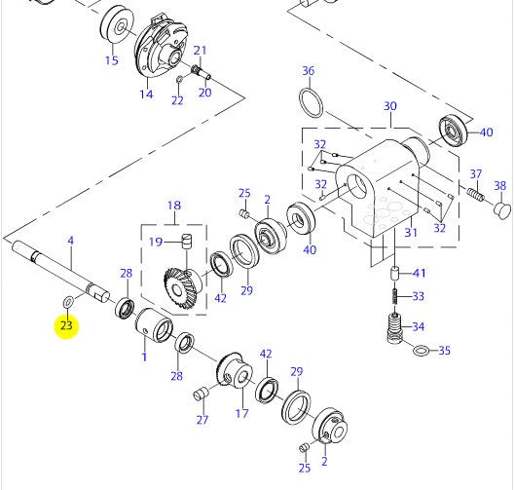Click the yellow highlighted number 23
pos(66,325)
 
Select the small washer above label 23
pos(68,302)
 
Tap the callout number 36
pos(309,70)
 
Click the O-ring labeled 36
pos(312,102)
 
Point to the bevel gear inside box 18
pos(183,288)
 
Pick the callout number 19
pos(156,242)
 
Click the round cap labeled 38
pos(502,209)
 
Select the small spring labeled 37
pos(476,195)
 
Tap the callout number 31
pos(411,232)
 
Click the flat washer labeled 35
pos(421,351)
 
